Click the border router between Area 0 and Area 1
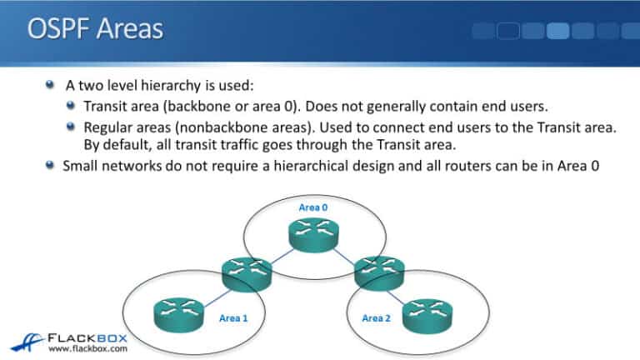point(246,271)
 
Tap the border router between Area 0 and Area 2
point(379,270)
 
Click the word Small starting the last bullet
point(82,164)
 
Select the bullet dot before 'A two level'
point(53,85)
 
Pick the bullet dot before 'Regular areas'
point(72,127)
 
